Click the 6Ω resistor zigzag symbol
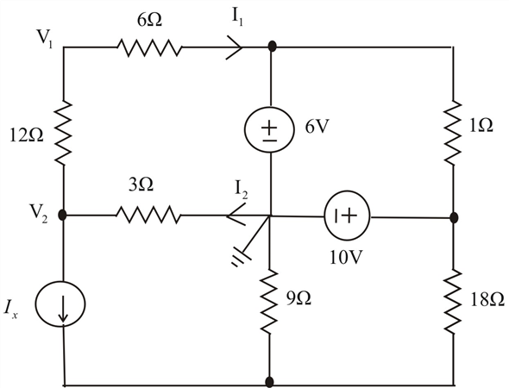(149, 48)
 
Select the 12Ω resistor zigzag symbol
(63, 132)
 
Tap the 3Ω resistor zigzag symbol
(148, 215)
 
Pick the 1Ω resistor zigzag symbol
(453, 133)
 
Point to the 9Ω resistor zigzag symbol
(269, 302)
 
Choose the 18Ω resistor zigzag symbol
(453, 301)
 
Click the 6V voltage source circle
(269, 129)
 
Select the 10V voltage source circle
(347, 216)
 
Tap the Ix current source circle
(60, 304)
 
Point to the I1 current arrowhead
(235, 47)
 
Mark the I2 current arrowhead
(236, 214)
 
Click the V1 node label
(45, 38)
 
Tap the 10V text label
(346, 258)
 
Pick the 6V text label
(317, 127)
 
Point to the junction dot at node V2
(62, 215)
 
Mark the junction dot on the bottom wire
(269, 382)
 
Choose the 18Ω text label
(487, 300)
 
